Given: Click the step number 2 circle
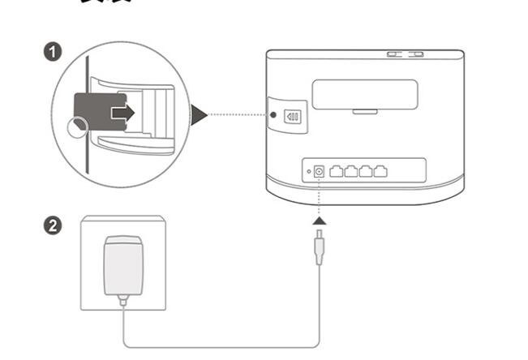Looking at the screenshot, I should (x=54, y=226).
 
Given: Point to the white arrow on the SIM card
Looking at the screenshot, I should (x=122, y=113).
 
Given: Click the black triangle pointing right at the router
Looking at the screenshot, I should (x=199, y=114).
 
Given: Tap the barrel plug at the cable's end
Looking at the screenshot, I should (x=320, y=246).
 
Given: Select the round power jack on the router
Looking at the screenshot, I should (x=320, y=171).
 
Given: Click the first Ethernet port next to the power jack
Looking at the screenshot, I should (x=338, y=171).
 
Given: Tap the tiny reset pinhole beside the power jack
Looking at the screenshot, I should (x=307, y=172).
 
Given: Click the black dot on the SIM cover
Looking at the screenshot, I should (x=274, y=116).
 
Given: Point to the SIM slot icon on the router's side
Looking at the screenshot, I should (x=293, y=116).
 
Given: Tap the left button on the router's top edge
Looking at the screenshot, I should (x=395, y=55).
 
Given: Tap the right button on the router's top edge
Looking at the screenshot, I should (x=416, y=55).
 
